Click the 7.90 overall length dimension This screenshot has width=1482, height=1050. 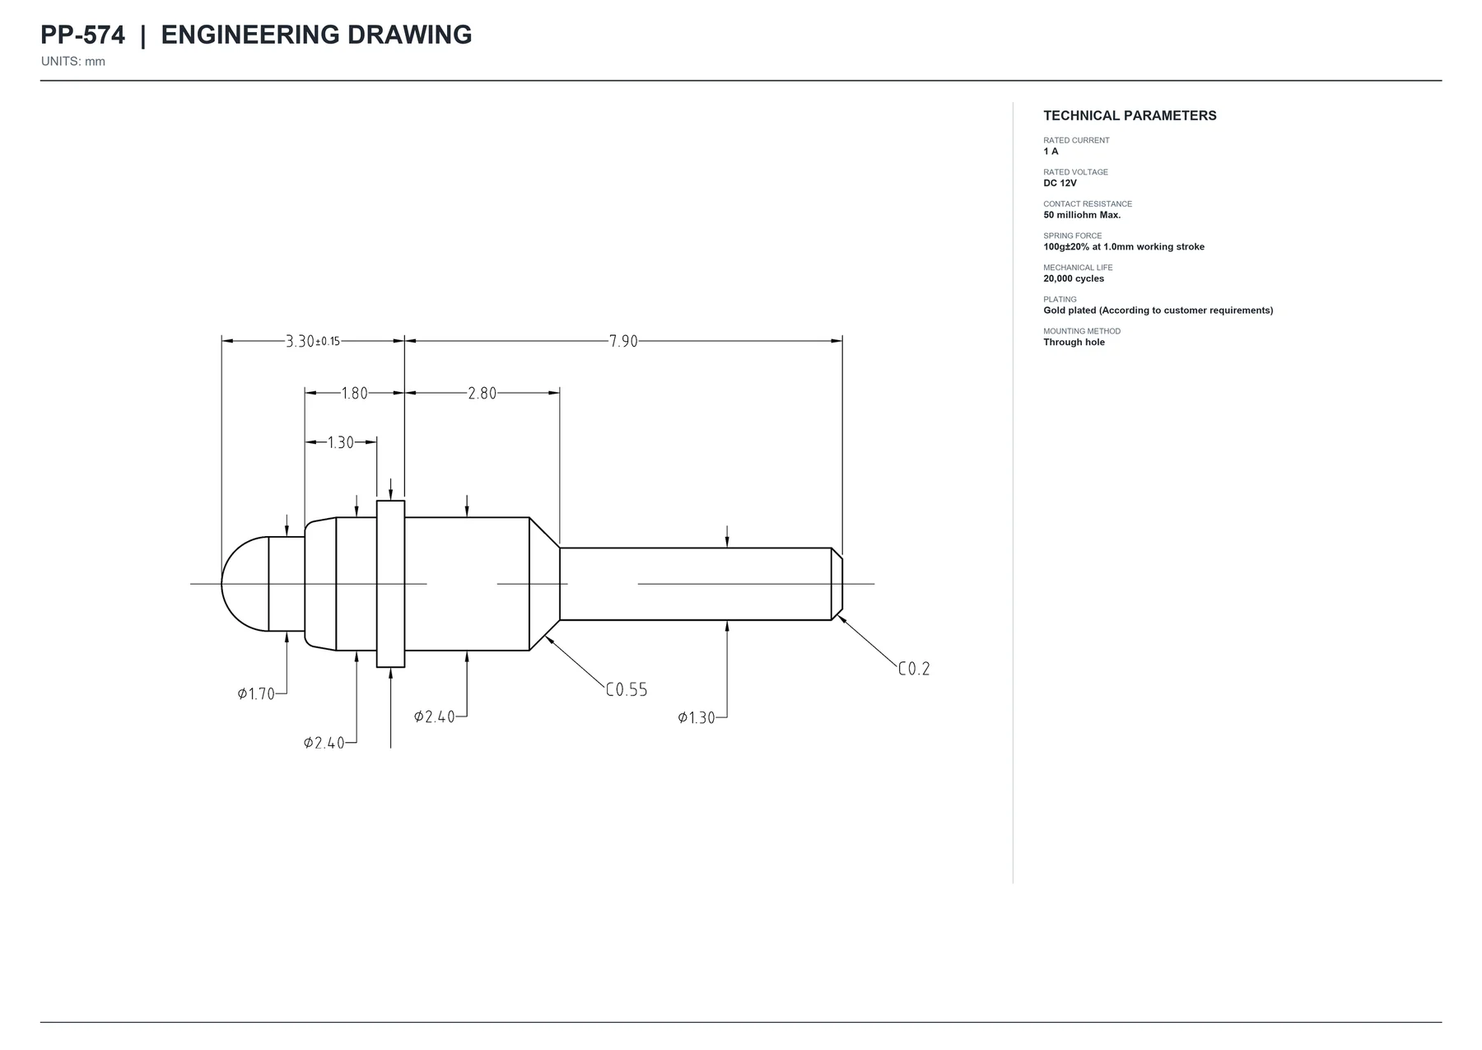click(623, 341)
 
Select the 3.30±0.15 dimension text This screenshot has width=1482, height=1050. click(313, 341)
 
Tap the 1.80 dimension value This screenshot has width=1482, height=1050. click(355, 394)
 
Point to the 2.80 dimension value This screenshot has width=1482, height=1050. click(482, 394)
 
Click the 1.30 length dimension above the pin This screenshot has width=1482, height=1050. click(340, 443)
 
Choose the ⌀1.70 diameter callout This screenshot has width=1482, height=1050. click(256, 694)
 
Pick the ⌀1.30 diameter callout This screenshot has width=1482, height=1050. click(697, 718)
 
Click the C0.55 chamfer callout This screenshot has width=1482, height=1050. click(627, 690)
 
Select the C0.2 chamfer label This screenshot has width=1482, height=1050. click(914, 669)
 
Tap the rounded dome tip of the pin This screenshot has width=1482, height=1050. click(245, 584)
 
